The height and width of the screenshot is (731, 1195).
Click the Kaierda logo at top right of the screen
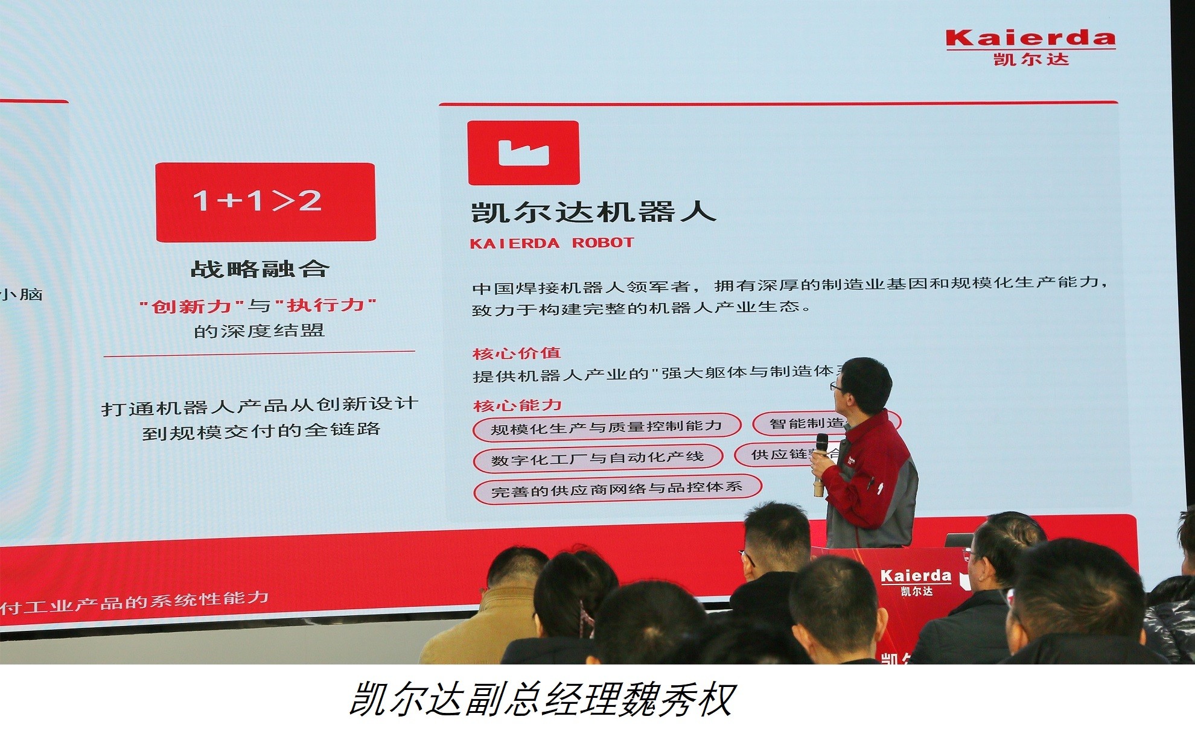click(1030, 46)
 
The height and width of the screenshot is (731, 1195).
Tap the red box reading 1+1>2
click(266, 202)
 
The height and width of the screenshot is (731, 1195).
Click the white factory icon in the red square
click(523, 153)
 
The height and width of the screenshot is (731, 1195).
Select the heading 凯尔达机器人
click(593, 212)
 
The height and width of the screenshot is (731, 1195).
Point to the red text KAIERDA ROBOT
click(552, 243)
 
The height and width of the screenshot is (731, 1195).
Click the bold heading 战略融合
click(260, 269)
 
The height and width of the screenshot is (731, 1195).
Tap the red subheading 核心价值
click(517, 353)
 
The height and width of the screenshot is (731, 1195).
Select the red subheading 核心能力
click(517, 405)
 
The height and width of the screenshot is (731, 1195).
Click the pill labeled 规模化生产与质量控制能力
click(606, 427)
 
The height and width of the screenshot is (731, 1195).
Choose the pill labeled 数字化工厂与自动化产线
click(597, 458)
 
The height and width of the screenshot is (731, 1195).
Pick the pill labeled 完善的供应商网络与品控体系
click(616, 489)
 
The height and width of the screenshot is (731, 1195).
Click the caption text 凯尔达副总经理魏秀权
click(541, 700)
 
